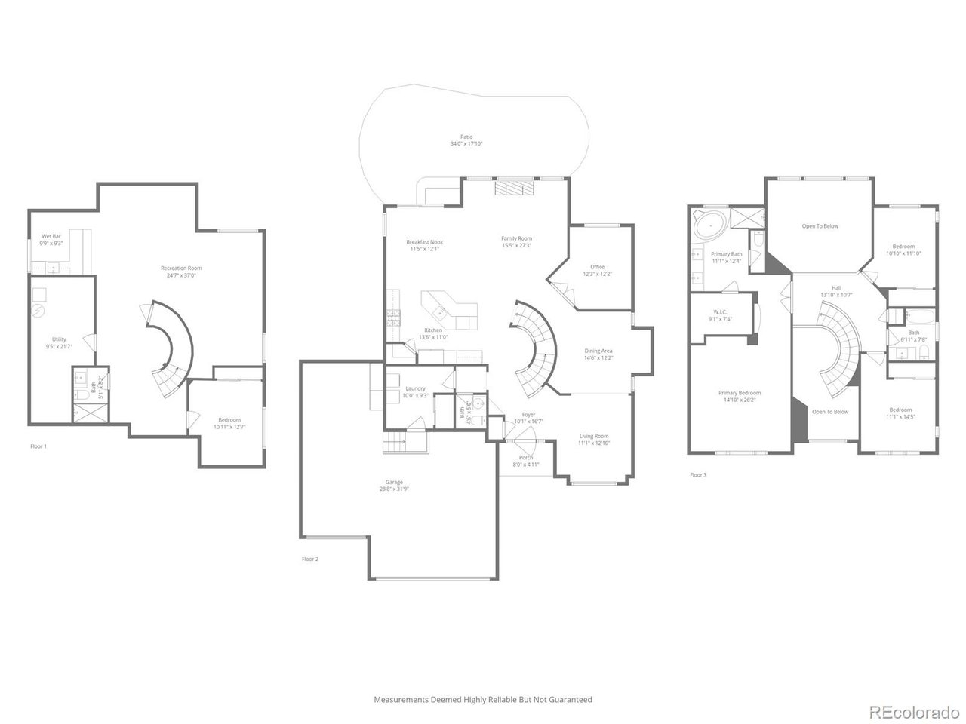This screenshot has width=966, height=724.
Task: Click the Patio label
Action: tap(466, 137)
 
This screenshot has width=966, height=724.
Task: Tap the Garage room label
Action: tap(394, 482)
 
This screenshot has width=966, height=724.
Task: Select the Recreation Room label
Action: tap(181, 268)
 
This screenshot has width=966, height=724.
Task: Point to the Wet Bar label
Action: tap(51, 236)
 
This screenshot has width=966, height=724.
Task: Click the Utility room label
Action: tap(59, 339)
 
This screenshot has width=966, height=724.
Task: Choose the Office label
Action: tap(598, 267)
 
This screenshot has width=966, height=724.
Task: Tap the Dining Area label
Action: tap(598, 351)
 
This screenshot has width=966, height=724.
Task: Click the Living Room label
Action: tap(594, 436)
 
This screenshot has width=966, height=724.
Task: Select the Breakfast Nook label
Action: tap(424, 241)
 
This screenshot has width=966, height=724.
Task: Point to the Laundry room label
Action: tap(416, 388)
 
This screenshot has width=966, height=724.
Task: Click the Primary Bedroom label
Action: tap(740, 393)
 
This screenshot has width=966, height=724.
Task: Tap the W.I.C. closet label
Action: tap(719, 311)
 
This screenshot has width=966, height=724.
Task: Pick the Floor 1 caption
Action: tap(38, 446)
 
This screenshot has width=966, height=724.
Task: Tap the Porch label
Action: tap(526, 458)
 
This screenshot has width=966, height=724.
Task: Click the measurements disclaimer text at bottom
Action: tap(483, 700)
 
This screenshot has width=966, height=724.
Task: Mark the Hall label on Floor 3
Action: tap(836, 287)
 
